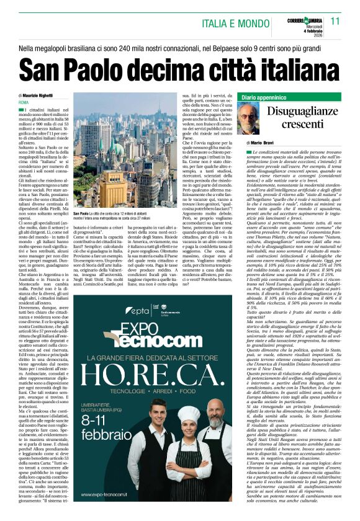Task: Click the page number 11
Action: tap(336, 21)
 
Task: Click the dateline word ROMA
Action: tap(24, 102)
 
